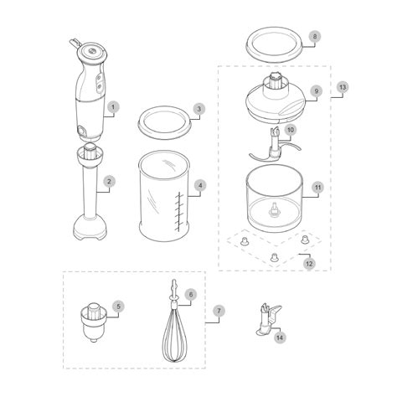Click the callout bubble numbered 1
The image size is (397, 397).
(x=113, y=107)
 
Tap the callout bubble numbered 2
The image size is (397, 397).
(x=109, y=182)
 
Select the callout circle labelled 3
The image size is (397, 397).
(x=199, y=109)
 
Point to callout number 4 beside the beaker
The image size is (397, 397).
(x=200, y=185)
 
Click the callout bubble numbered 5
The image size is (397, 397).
(x=118, y=307)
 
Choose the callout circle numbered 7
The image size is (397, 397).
(x=219, y=311)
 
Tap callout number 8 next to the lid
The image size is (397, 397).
(x=315, y=37)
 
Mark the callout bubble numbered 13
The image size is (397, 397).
(x=343, y=87)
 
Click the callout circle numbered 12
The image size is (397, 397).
(x=309, y=264)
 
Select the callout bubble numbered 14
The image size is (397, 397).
(x=280, y=338)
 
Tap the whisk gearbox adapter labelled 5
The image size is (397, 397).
(x=94, y=322)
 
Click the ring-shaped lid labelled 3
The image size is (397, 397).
(x=165, y=122)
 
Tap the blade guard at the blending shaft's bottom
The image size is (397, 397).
(x=90, y=228)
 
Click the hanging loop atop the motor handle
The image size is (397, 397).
(x=75, y=43)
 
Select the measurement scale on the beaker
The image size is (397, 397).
(x=179, y=212)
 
